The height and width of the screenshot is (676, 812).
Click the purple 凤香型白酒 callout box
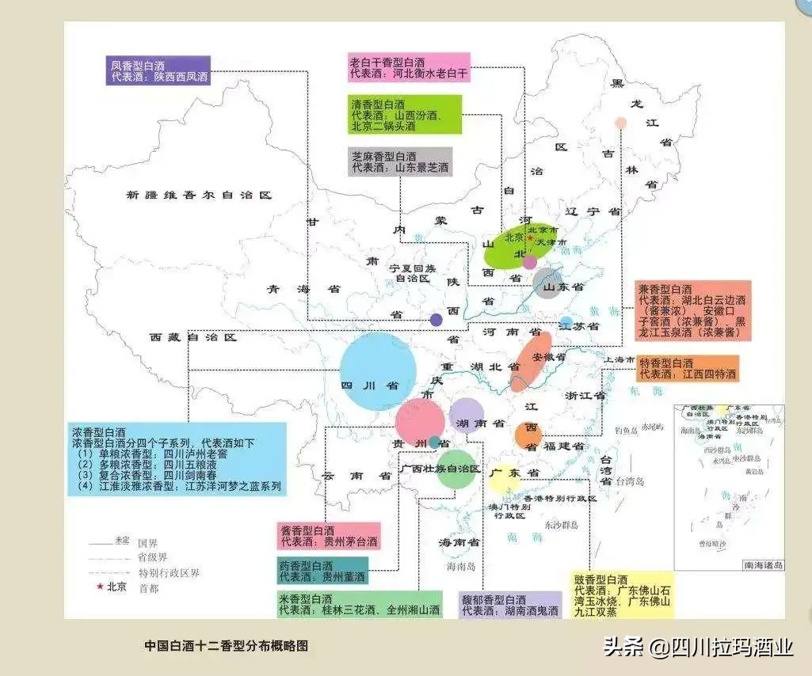158,70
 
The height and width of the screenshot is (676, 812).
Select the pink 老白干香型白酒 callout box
410,67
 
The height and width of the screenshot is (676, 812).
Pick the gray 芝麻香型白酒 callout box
400,161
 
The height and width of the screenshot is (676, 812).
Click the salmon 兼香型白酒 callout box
692,311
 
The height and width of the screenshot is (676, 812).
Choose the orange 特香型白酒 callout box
688,368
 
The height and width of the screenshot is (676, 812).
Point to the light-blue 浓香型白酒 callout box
177,459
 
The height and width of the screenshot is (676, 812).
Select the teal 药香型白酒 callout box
322,572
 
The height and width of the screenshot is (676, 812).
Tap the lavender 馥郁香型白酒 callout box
510,606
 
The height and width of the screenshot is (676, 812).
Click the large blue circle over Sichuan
379,370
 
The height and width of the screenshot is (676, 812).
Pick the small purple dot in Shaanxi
436,320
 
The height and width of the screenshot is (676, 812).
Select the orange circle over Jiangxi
528,434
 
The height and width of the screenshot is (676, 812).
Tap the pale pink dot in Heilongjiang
621,123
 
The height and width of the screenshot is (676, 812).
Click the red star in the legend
99,587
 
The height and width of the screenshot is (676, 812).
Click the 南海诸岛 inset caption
763,564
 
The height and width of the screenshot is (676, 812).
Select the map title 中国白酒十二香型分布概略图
226,645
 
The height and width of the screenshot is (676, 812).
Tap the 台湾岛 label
631,480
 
